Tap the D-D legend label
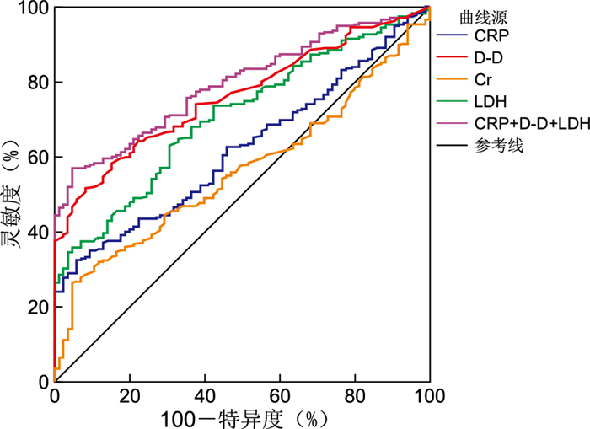pyautogui.click(x=490, y=58)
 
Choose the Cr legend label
pyautogui.click(x=483, y=80)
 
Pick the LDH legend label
pyautogui.click(x=491, y=102)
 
